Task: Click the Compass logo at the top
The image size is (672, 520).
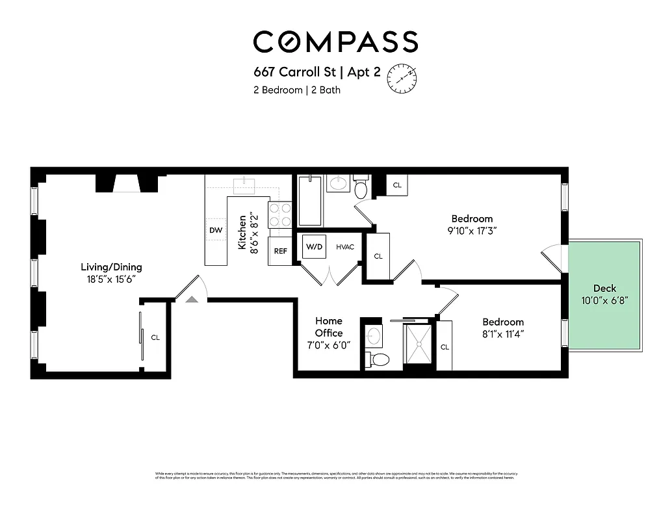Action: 335,42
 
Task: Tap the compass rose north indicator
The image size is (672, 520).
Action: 402,77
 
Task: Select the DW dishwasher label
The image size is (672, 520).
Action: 216,231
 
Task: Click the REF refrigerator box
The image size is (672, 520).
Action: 281,251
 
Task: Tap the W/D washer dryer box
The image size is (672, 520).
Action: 315,247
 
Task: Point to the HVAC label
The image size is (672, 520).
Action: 345,248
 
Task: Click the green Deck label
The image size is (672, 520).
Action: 604,289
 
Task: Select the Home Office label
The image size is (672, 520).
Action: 329,327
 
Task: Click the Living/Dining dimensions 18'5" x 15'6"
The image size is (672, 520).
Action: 111,279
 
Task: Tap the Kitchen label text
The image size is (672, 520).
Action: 242,232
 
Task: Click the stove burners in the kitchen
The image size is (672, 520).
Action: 280,215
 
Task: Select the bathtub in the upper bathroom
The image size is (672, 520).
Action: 309,200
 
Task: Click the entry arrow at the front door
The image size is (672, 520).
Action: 191,299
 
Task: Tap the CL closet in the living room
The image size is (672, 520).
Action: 155,337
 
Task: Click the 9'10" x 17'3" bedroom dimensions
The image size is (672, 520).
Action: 472,230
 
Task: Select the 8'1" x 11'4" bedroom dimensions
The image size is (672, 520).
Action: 503,334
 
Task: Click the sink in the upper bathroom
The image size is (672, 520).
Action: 337,184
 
